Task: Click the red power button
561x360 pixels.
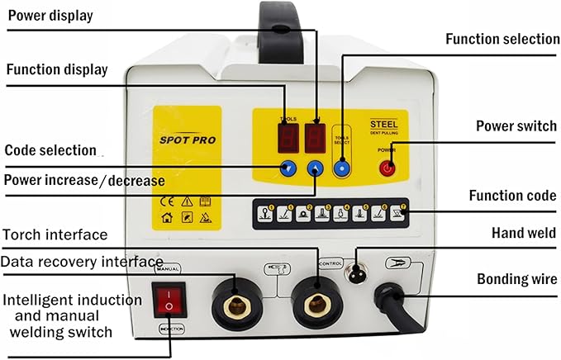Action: [x=387, y=168]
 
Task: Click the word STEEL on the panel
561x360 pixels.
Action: [x=384, y=125]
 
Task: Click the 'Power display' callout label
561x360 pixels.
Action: [x=50, y=16]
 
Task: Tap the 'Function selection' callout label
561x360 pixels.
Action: [x=502, y=39]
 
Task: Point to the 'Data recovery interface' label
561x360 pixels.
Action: [x=81, y=262]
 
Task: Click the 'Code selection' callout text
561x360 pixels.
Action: [x=50, y=150]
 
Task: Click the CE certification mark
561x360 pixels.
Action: [x=164, y=201]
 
